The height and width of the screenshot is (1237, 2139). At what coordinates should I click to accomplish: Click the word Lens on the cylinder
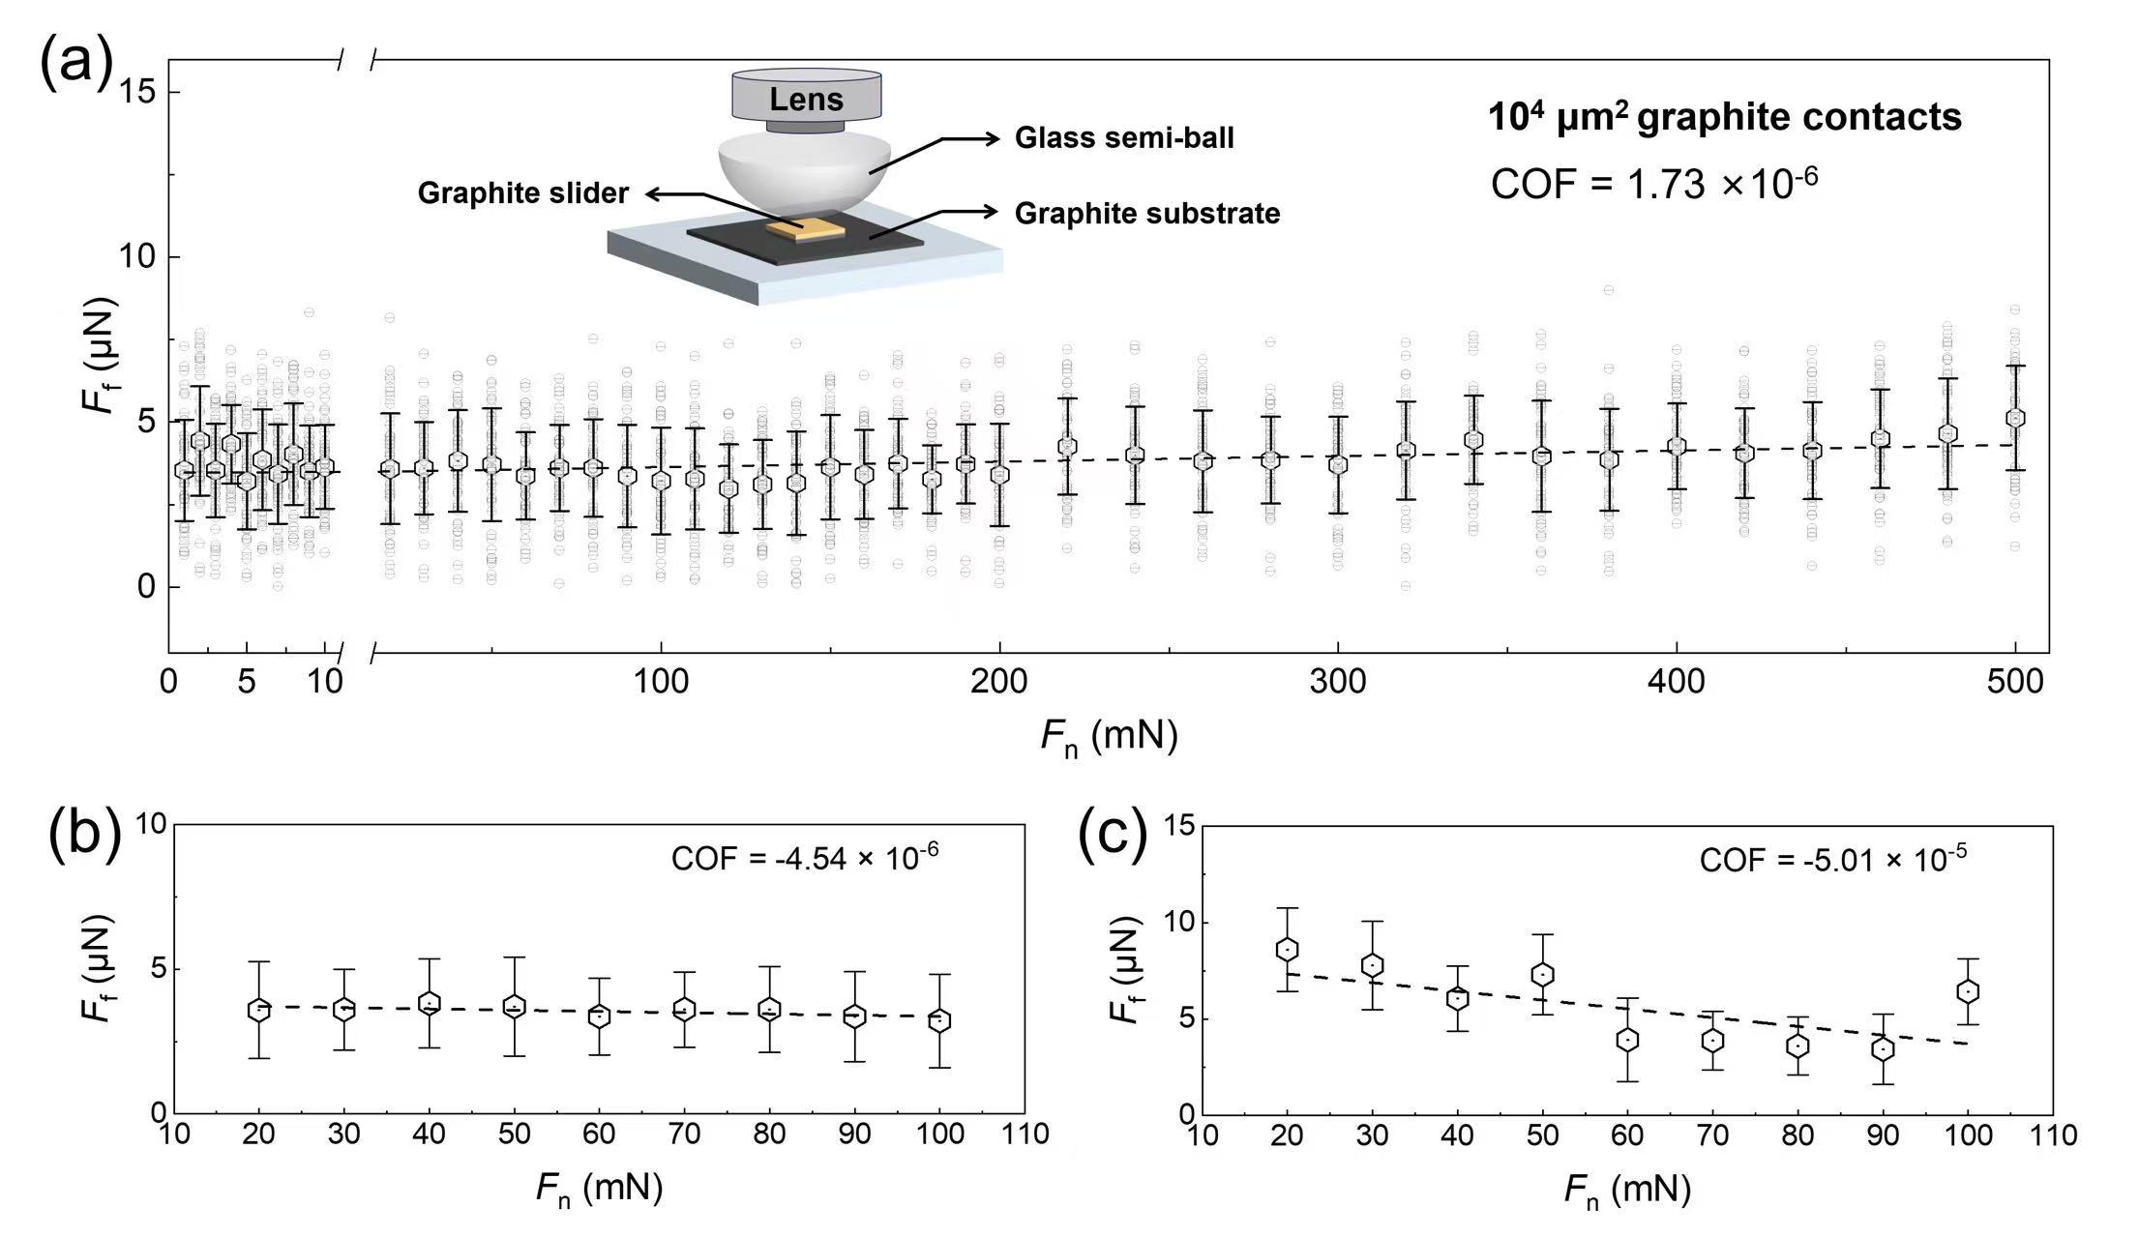806,100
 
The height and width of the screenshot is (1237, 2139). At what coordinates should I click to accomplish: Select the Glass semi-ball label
1124,138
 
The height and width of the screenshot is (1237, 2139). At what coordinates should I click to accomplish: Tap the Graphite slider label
522,193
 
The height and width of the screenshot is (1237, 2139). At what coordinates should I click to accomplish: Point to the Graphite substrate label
1147,214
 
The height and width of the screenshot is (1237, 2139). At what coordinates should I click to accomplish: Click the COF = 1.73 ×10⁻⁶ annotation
1654,183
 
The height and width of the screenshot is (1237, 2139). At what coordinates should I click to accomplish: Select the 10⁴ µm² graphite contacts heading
1724,117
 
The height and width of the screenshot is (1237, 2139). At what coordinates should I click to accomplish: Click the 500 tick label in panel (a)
2014,682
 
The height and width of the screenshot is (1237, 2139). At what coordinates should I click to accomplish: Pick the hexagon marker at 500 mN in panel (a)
2015,418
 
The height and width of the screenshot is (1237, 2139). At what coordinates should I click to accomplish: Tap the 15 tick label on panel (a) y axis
136,93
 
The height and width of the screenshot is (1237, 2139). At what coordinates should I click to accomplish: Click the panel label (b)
84,834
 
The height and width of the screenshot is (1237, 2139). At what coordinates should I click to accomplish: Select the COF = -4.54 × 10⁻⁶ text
805,857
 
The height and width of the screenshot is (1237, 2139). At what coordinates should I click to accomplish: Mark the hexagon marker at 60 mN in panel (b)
600,1016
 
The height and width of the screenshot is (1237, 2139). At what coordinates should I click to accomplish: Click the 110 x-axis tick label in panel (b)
1024,1134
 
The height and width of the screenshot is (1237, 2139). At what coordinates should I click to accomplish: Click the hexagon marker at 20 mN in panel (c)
1287,949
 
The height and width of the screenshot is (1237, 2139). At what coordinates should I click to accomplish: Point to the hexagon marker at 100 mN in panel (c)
1968,991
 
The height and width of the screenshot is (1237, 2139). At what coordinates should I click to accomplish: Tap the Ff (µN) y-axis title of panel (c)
1125,969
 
